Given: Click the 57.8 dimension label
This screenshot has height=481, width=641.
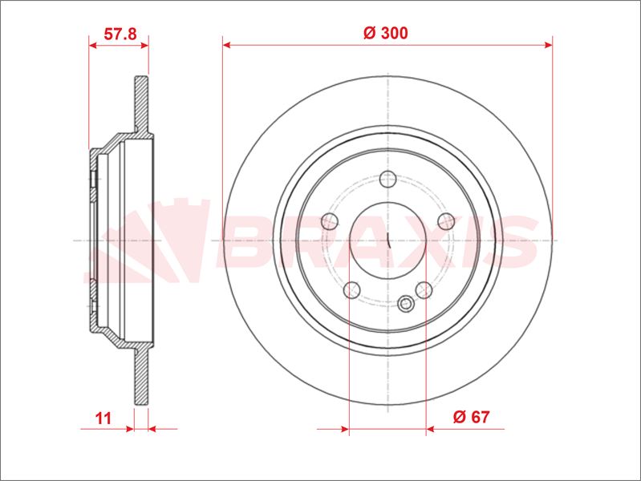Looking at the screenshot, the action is pos(120,34).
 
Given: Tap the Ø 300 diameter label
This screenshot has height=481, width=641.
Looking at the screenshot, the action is pos(386,33).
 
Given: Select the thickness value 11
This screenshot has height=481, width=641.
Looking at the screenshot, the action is pos(103,418).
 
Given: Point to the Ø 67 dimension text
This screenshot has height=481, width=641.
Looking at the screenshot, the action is pos(471,417).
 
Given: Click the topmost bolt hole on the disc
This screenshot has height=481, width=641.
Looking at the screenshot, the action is pos(387,179).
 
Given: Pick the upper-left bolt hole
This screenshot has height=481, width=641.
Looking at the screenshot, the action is pos(330,221).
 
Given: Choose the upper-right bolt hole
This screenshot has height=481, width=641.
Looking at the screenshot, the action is pos(446,221).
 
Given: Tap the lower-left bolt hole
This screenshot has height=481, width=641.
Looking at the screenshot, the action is pos(352,289).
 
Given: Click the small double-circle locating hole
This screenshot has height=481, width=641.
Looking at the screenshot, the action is pos(406,304).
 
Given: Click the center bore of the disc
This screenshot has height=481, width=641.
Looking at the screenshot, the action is pos(387,240).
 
